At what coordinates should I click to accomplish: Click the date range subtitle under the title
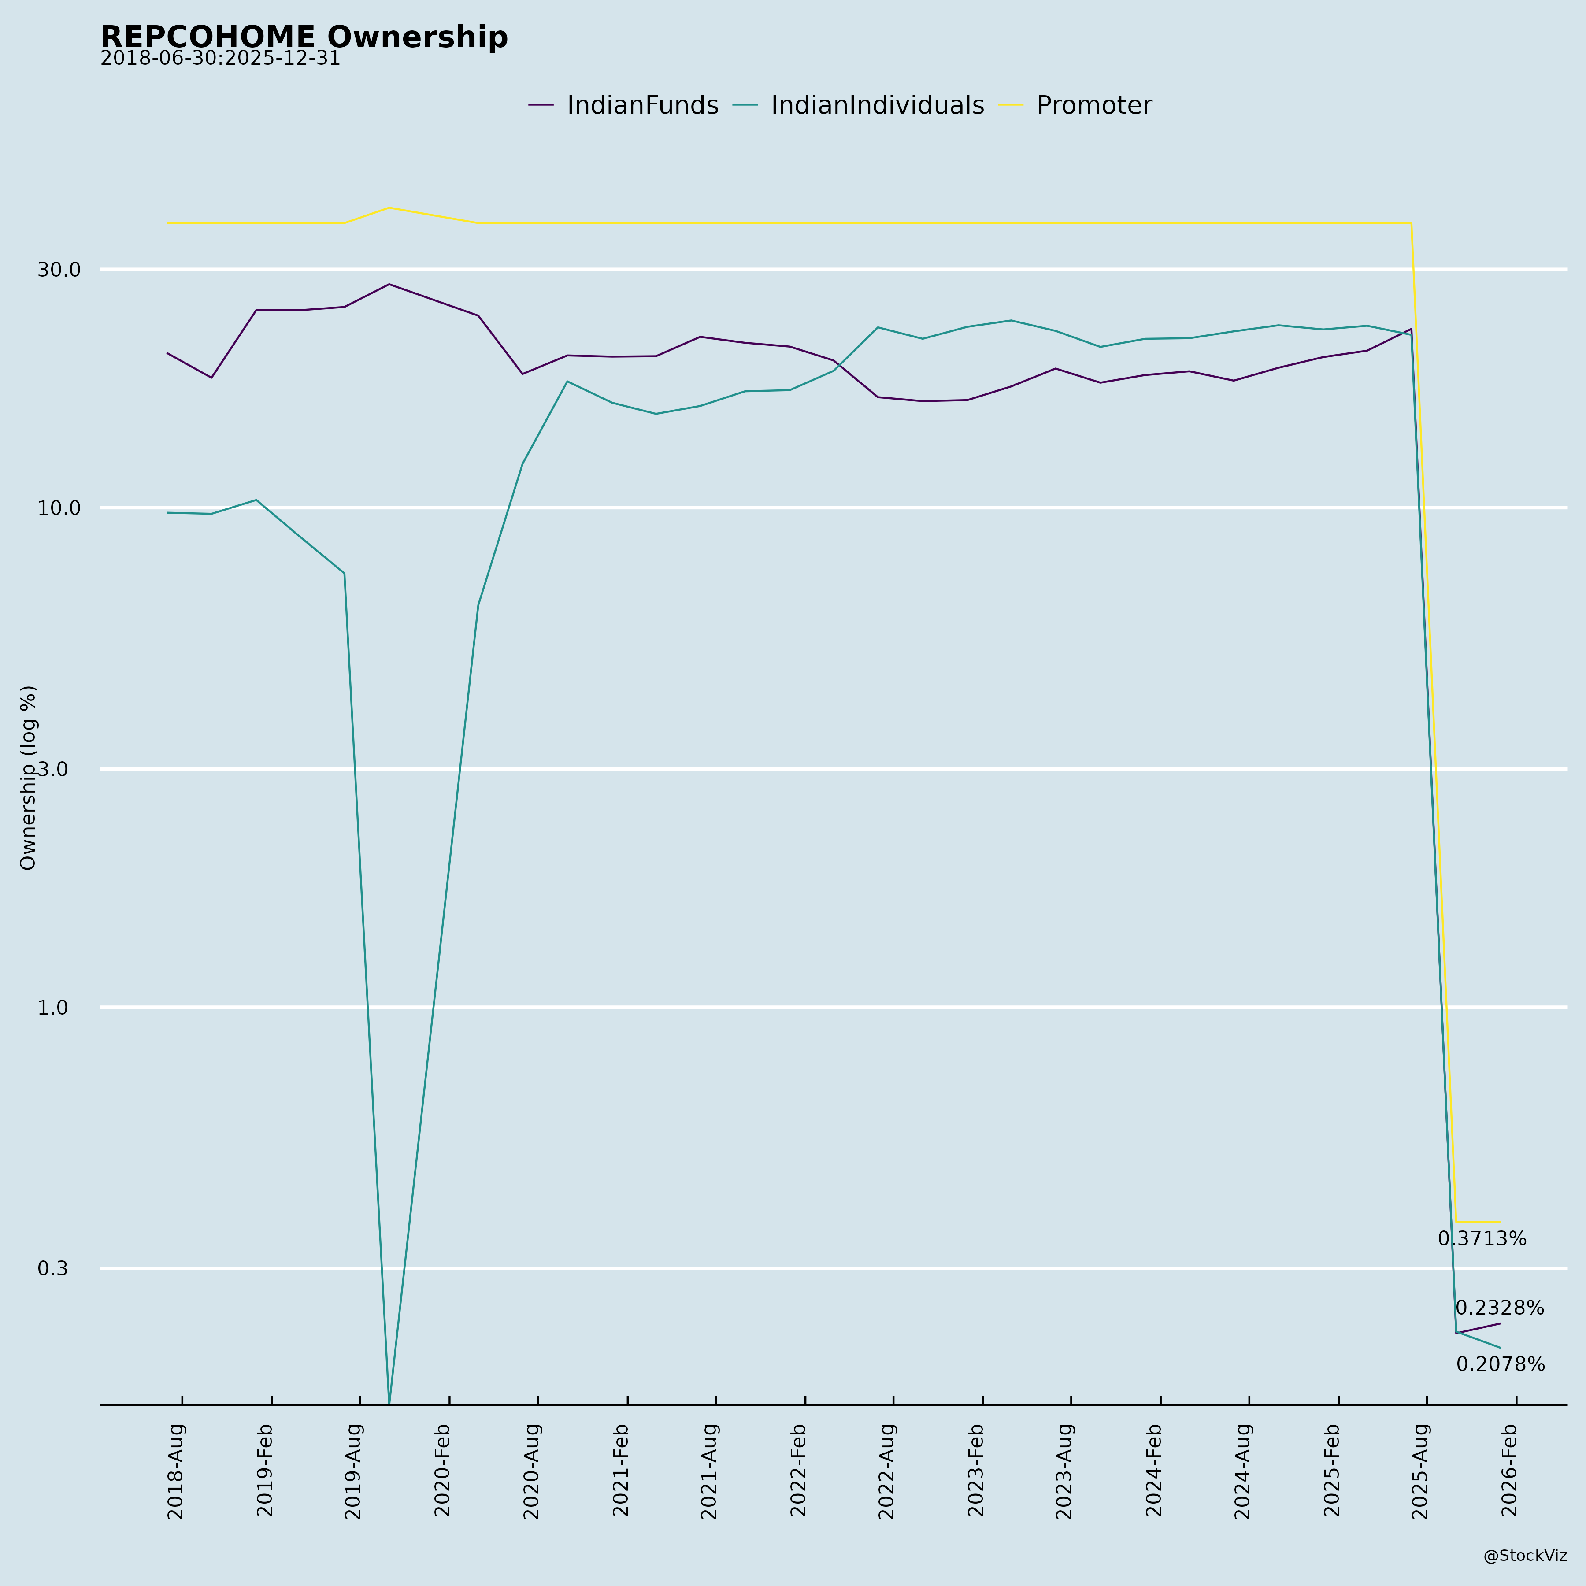(220, 59)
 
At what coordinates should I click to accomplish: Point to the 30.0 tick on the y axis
(59, 269)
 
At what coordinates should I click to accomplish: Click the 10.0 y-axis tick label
(59, 508)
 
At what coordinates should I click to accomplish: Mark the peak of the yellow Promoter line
(389, 208)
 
